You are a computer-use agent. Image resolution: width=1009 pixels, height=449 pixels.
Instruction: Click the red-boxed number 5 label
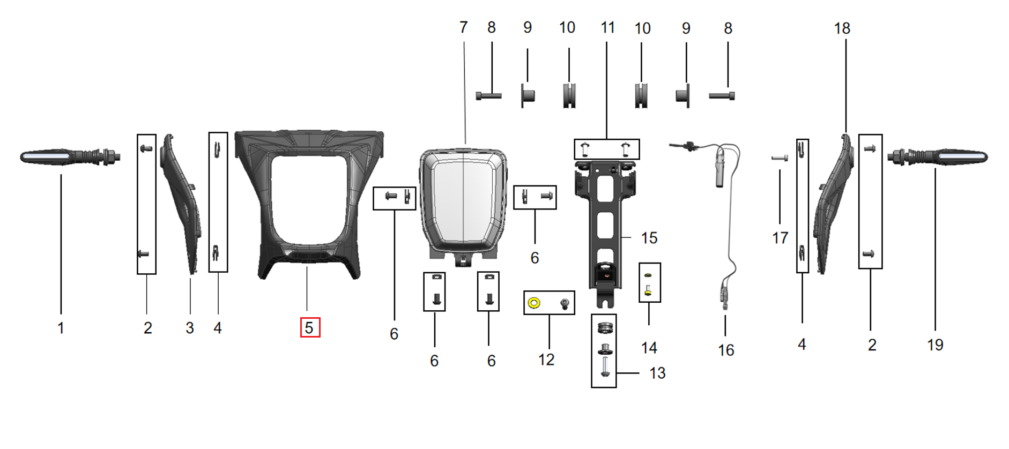310,327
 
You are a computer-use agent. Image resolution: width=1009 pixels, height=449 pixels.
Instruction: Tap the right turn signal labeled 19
938,157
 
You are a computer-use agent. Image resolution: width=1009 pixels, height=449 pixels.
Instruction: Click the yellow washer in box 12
533,303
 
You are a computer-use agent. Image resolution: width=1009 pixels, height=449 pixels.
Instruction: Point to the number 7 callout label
464,27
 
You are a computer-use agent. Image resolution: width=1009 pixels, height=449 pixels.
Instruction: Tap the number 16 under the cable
726,350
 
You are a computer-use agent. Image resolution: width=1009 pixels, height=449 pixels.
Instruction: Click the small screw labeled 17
779,158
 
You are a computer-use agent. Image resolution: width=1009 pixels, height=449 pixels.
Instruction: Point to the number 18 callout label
842,28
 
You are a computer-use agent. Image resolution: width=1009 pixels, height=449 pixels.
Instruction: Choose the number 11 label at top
607,28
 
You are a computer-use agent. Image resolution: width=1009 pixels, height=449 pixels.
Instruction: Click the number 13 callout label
657,373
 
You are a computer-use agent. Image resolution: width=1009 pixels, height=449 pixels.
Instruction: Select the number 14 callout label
649,348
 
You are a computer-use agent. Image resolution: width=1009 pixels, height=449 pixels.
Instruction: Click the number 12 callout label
546,360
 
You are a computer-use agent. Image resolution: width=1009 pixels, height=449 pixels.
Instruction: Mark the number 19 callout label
935,345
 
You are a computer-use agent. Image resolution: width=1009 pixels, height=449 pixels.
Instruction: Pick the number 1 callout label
61,328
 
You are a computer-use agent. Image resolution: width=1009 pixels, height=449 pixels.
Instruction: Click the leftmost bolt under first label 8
488,96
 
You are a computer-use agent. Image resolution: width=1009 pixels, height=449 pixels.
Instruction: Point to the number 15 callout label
649,238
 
